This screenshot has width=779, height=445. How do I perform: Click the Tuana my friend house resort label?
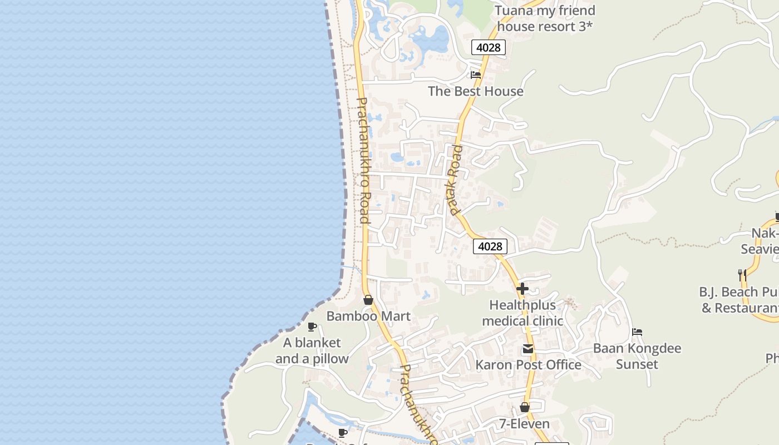[x=545, y=18]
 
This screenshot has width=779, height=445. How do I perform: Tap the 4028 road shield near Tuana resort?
[x=489, y=47]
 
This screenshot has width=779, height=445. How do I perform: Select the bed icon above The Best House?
[x=475, y=75]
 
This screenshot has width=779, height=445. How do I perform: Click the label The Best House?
[x=475, y=91]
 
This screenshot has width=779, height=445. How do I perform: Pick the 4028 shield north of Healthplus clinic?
[x=490, y=246]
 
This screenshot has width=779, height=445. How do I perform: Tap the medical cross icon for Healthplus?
[x=522, y=289]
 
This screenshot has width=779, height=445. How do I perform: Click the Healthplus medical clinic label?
[x=522, y=313]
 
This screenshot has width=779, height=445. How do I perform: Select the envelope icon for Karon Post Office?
[x=527, y=349]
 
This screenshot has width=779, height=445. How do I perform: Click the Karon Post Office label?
[x=528, y=365]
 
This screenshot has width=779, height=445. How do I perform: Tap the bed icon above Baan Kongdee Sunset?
[x=637, y=332]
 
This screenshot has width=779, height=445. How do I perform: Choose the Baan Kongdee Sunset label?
[x=637, y=356]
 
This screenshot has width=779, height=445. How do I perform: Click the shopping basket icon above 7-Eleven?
[x=524, y=407]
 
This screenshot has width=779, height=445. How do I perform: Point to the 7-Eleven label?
[x=524, y=424]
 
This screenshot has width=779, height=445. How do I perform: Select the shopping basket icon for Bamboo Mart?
[x=368, y=300]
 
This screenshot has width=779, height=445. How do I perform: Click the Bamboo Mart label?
[x=368, y=316]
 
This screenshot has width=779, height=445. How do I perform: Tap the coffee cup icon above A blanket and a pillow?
[x=312, y=327]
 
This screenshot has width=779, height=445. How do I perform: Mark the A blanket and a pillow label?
[x=312, y=350]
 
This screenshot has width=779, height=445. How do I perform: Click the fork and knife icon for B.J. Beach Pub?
[x=742, y=275]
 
